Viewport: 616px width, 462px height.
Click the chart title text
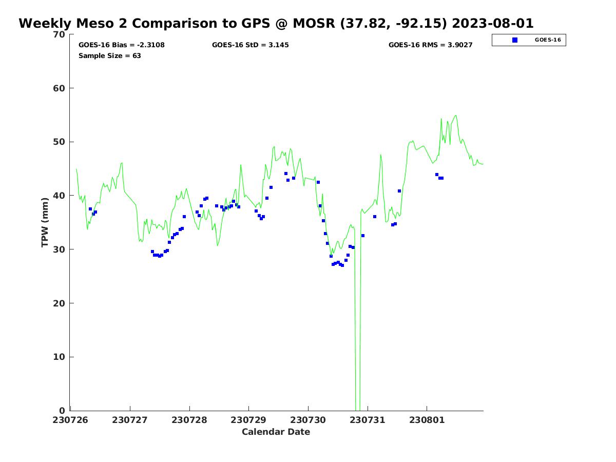pyautogui.click(x=276, y=24)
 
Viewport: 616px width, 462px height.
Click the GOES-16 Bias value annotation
pyautogui.click(x=122, y=45)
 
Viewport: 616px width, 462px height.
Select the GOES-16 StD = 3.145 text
pyautogui.click(x=251, y=45)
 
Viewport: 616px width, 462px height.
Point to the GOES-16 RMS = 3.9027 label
pyautogui.click(x=430, y=45)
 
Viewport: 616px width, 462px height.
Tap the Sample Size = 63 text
pyautogui.click(x=110, y=56)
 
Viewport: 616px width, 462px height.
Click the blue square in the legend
pyautogui.click(x=515, y=40)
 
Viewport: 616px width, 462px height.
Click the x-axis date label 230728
pyautogui.click(x=189, y=420)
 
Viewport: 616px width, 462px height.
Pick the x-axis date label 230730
pyautogui.click(x=308, y=420)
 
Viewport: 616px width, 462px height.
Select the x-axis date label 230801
pyautogui.click(x=427, y=420)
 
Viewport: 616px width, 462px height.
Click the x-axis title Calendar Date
pyautogui.click(x=276, y=432)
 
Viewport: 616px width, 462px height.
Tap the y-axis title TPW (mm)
pyautogui.click(x=45, y=222)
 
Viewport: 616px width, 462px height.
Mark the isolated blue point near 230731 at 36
pyautogui.click(x=375, y=217)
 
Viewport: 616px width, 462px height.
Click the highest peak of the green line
pyautogui.click(x=455, y=116)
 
